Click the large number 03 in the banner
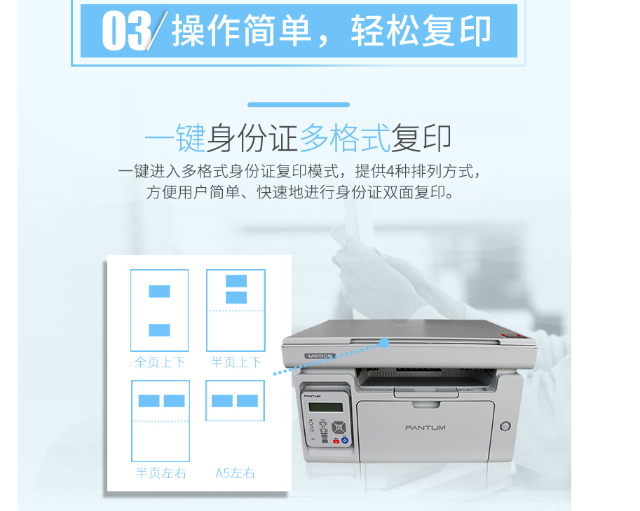coord(127,31)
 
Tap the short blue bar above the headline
coord(299,105)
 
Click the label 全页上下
coord(160,362)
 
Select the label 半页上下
coord(236,362)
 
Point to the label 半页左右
coord(161,473)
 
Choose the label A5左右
coord(235,473)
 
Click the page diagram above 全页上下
coord(160,311)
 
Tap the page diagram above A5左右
coord(235,400)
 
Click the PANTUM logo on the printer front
coord(425,428)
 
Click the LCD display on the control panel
coord(326,407)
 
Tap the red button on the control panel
coord(336,441)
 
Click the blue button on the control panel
coord(345,440)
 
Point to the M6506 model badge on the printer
coord(320,356)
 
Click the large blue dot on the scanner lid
coord(384,343)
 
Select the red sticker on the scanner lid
coord(513,336)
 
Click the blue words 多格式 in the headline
coord(345,138)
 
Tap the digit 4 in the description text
coord(390,172)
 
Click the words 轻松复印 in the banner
coord(421,31)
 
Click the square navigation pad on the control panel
coord(339,428)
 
